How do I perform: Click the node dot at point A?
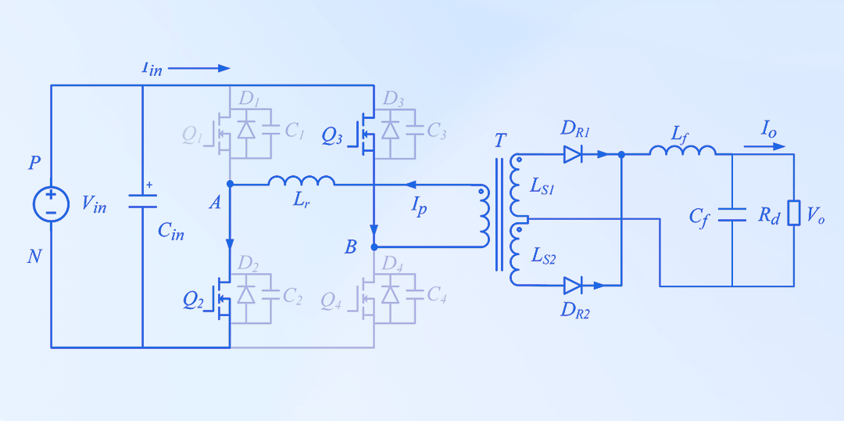(230, 185)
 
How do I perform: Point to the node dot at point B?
(374, 246)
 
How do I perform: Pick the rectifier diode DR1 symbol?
(573, 155)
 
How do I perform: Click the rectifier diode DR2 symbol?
(573, 286)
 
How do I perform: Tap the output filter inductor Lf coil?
(682, 150)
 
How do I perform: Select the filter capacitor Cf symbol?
(732, 214)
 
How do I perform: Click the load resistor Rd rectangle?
(794, 213)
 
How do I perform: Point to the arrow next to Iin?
(199, 68)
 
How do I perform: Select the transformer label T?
(500, 142)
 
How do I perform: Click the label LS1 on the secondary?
(544, 186)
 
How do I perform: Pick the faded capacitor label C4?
(437, 295)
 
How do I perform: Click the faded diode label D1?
(249, 99)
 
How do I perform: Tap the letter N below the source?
(34, 256)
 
